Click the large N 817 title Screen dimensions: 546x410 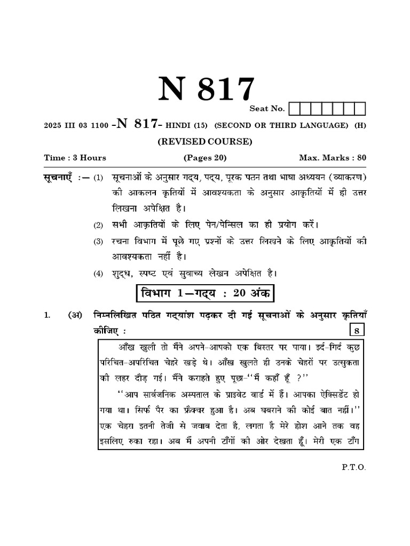[205, 89]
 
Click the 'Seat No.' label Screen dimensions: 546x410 [267, 109]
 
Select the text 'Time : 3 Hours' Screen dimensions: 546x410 [75, 158]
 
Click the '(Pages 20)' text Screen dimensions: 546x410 [205, 158]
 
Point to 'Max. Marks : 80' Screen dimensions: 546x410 [332, 158]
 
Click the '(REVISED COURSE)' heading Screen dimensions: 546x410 [205, 141]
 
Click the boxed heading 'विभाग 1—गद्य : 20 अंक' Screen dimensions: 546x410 [205, 293]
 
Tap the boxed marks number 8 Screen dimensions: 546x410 [354, 331]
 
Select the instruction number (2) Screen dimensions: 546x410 [98, 225]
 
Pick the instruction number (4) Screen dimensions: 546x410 [98, 274]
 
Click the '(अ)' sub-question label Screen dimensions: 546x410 [74, 315]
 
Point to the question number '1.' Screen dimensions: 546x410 [47, 316]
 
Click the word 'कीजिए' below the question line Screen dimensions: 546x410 [105, 331]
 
